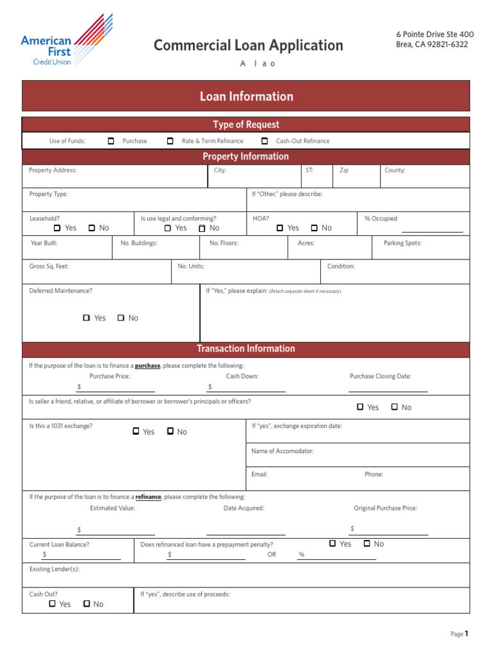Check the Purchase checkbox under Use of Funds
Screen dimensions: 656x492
click(x=111, y=141)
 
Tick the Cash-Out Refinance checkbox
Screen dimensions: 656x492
click(x=265, y=141)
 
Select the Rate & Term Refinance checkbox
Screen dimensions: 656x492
click(x=170, y=141)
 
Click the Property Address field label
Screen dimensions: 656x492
click(x=53, y=170)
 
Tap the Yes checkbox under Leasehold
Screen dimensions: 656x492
click(x=57, y=227)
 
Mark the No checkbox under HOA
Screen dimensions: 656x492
click(x=314, y=227)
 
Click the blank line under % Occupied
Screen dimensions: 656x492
click(x=431, y=230)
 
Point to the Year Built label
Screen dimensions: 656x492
click(x=44, y=243)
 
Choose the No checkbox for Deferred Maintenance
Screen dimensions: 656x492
click(x=120, y=317)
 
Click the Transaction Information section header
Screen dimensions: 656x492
click(x=246, y=348)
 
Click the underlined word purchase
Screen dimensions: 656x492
click(x=147, y=366)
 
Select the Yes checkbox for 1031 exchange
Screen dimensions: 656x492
click(x=136, y=431)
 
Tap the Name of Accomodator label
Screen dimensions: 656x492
click(x=283, y=451)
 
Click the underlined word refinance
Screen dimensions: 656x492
click(x=148, y=496)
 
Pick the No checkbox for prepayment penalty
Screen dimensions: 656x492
click(x=366, y=543)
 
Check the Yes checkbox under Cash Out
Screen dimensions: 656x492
click(x=52, y=603)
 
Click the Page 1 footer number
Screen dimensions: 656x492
click(x=466, y=634)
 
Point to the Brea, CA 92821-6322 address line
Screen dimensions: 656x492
click(x=432, y=44)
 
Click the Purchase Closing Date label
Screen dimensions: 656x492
click(x=380, y=376)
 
